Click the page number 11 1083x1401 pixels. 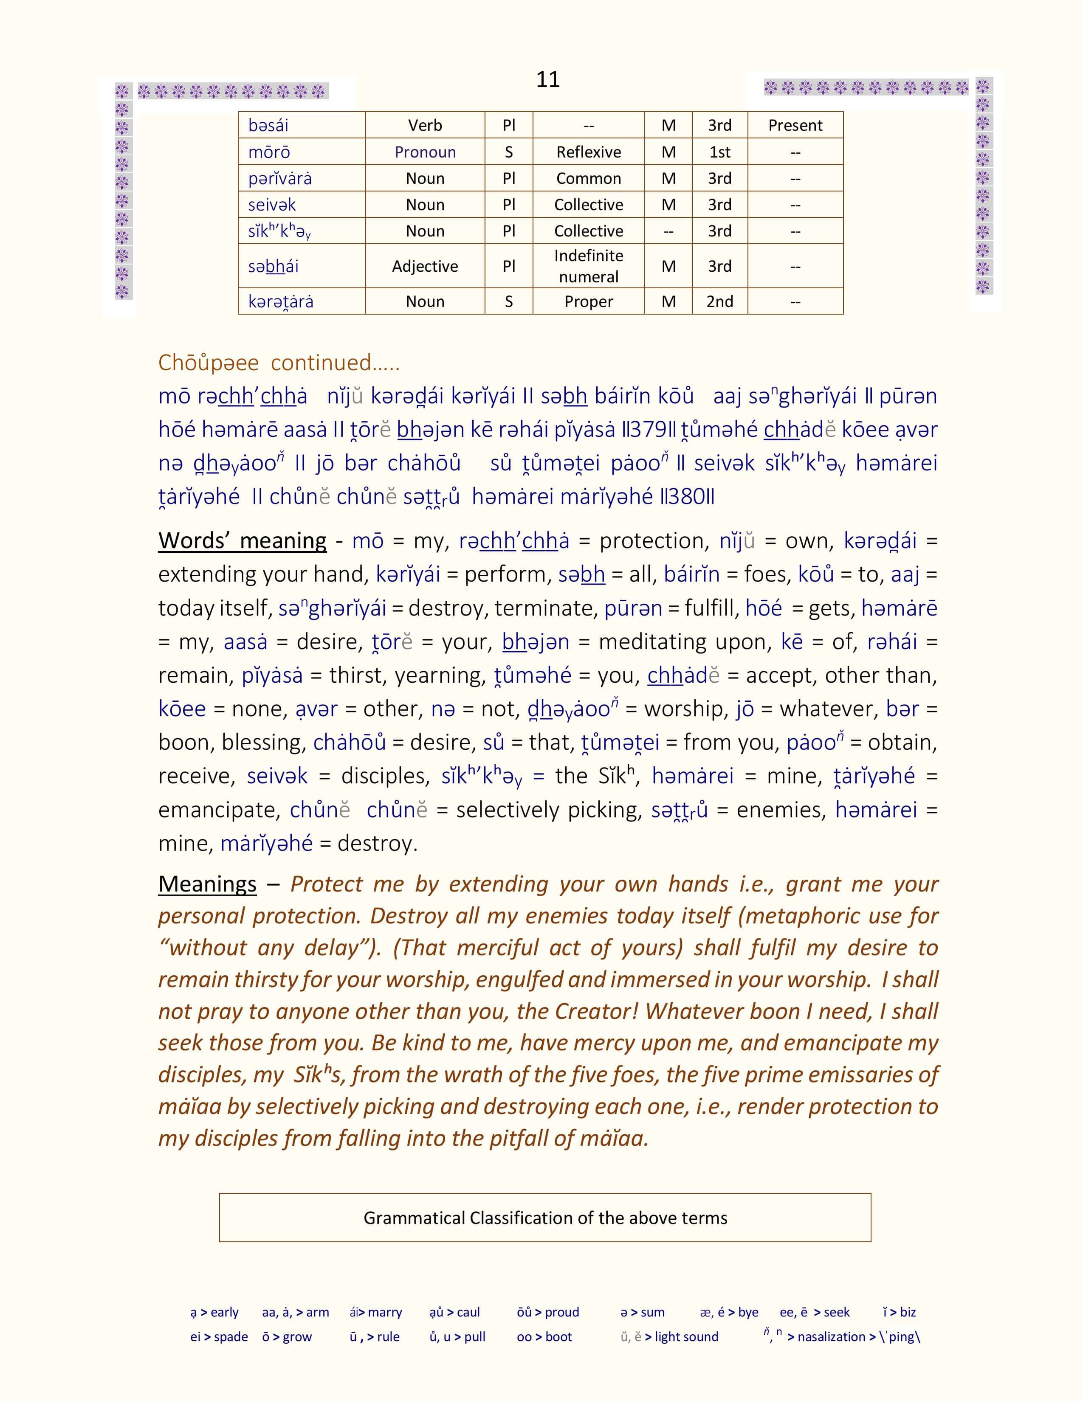pos(547,79)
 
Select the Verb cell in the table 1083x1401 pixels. pos(425,125)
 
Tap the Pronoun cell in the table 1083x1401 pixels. pos(425,152)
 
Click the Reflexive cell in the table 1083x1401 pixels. pos(588,152)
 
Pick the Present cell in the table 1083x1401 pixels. pos(795,125)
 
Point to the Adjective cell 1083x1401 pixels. pos(425,266)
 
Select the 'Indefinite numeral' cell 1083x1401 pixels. pos(588,266)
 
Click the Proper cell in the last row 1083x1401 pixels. pos(588,301)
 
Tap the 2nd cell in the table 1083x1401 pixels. pos(719,301)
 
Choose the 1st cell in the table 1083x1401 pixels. pos(719,152)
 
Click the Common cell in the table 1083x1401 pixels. pos(588,178)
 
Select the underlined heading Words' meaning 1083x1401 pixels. pos(242,541)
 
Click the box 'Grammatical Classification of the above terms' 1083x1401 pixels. pos(545,1218)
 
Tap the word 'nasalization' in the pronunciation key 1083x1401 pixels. pos(831,1337)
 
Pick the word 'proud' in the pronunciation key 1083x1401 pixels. pos(561,1312)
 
